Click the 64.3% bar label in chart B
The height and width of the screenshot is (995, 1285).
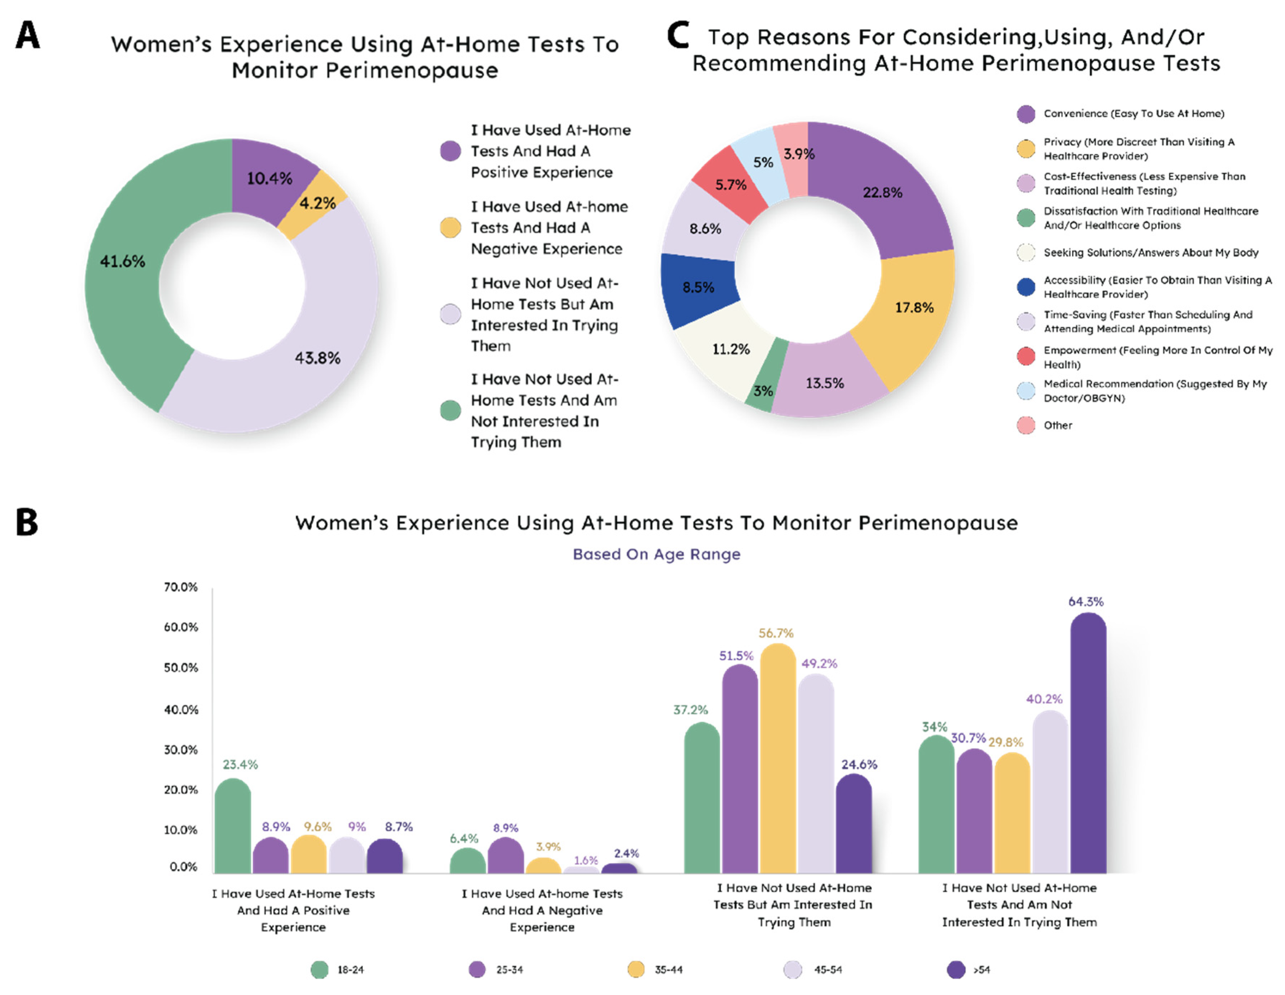1085,602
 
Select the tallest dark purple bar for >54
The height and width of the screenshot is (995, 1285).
1088,742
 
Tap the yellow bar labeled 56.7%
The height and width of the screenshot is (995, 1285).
777,759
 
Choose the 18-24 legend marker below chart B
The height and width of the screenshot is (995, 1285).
319,969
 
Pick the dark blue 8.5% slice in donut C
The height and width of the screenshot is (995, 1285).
699,288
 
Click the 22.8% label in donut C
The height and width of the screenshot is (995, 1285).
882,192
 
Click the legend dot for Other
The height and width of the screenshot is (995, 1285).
1026,425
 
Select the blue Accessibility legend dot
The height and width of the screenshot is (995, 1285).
1026,287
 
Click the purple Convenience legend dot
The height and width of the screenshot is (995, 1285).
1026,114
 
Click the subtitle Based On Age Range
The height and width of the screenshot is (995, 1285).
656,554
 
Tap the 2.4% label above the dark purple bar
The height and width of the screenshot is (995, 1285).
626,853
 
